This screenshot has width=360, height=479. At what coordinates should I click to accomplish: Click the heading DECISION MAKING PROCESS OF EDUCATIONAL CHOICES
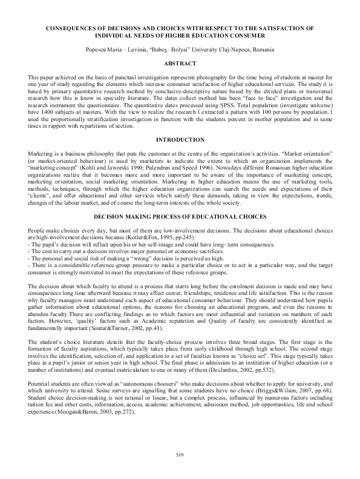coord(180,216)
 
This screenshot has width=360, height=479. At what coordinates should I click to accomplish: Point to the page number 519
coord(180,455)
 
